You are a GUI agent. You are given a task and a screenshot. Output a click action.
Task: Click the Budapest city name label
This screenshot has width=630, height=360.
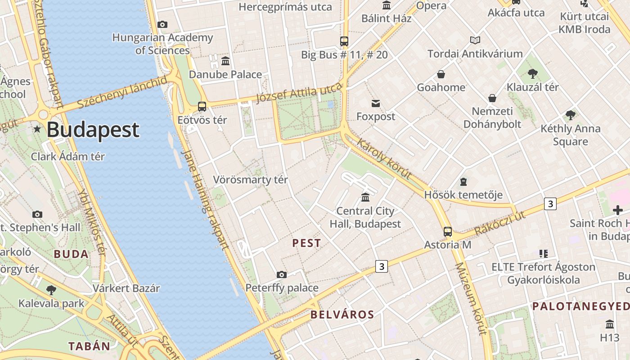93,130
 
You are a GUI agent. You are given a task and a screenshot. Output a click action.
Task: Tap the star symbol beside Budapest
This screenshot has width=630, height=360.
37,130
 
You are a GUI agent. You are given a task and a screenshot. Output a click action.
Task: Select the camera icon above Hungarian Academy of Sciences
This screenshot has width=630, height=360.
162,24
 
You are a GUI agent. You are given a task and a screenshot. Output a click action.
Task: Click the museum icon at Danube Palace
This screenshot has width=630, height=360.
225,61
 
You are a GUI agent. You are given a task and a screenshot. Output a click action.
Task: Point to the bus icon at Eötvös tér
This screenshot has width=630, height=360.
202,107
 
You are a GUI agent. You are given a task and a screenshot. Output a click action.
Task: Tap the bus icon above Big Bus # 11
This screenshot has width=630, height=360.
344,41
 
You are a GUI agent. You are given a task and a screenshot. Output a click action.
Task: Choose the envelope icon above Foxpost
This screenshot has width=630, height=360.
376,103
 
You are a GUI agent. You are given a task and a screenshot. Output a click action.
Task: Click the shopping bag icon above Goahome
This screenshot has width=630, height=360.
441,74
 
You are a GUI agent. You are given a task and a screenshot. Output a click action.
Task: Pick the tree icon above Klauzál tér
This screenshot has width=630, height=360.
533,73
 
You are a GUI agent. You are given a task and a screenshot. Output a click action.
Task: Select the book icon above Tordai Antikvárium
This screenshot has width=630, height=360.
475,40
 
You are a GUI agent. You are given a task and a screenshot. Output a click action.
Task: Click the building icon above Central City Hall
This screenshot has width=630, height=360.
365,197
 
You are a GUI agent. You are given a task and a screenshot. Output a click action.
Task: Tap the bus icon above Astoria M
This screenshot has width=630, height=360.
448,232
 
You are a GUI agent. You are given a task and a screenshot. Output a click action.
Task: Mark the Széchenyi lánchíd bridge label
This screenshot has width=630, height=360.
122,92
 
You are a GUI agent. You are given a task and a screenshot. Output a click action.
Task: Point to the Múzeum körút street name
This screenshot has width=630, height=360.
471,299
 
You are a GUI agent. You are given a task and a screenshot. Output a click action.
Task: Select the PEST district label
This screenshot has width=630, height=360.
306,243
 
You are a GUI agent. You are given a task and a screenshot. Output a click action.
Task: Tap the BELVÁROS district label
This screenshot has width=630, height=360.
342,315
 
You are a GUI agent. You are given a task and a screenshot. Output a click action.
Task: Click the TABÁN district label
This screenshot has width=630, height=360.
89,346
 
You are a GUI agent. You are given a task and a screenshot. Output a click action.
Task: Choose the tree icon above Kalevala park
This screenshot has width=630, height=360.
51,290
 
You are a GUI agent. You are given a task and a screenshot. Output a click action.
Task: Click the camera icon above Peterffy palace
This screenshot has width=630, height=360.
282,274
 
